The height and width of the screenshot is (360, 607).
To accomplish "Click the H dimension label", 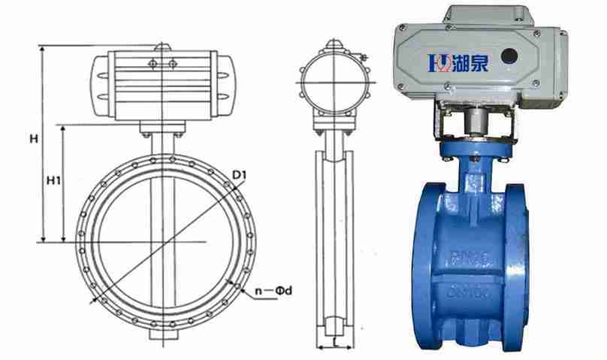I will (x=34, y=139).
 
